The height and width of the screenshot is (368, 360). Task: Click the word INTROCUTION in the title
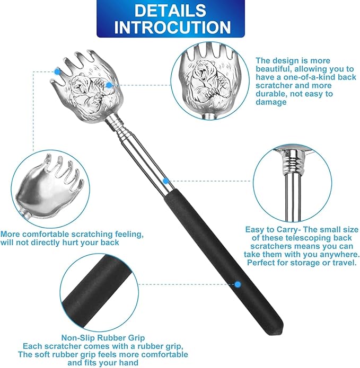click(x=172, y=27)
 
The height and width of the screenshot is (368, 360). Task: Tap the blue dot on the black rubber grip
click(x=238, y=284)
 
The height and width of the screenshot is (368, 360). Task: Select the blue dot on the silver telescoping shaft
click(x=165, y=181)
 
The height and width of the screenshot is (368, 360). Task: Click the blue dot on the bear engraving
click(x=109, y=85)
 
